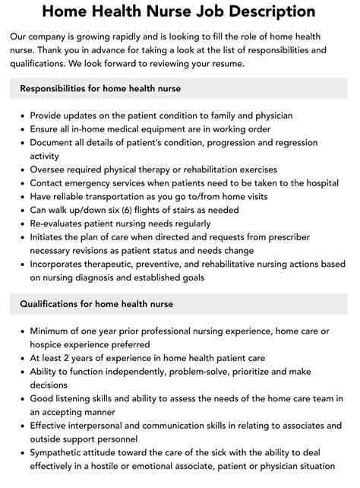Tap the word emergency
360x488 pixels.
click(97, 183)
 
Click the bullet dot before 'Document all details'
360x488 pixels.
click(21, 142)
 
